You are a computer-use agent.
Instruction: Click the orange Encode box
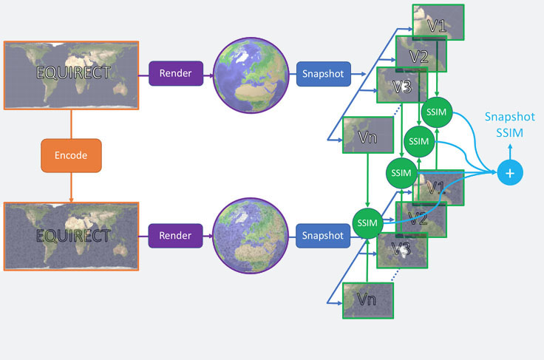(70, 156)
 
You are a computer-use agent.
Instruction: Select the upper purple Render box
(175, 74)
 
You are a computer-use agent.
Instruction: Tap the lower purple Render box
(175, 236)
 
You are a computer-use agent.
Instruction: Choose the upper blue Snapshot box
(324, 74)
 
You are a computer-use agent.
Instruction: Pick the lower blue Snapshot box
(324, 236)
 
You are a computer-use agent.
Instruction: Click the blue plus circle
(509, 172)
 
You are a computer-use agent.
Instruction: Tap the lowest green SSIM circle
(367, 223)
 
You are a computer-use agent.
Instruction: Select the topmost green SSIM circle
(437, 111)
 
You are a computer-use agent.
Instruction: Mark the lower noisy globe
(244, 236)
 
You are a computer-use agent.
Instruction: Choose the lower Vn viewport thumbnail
(367, 300)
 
